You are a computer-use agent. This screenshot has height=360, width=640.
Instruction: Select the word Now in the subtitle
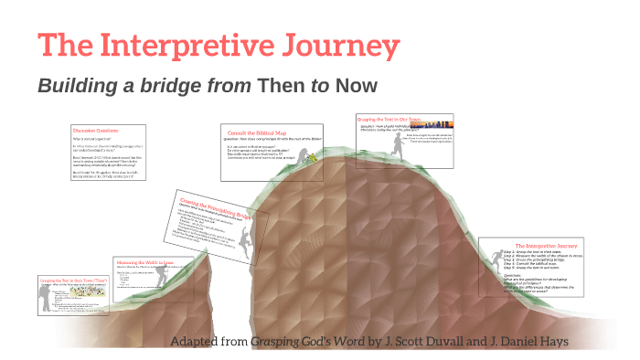pos(357,86)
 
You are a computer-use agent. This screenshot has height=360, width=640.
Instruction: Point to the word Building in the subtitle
pos(77,86)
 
